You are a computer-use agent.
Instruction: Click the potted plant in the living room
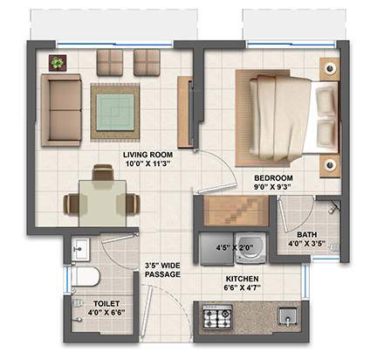pyautogui.click(x=58, y=63)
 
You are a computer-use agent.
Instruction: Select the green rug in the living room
pyautogui.click(x=114, y=111)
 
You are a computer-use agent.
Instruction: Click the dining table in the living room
pyautogui.click(x=102, y=199)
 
